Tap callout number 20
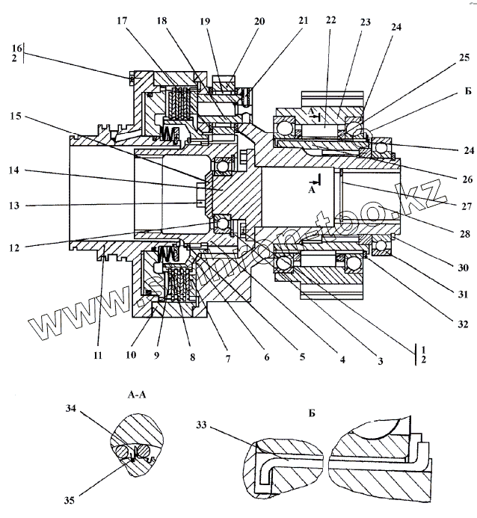pyautogui.click(x=259, y=22)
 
